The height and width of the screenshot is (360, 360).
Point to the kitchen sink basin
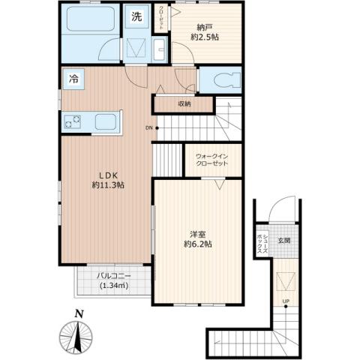pyautogui.click(x=104, y=120)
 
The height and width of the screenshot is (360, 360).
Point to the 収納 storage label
pyautogui.click(x=184, y=104)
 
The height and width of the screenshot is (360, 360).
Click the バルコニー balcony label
pyautogui.click(x=112, y=280)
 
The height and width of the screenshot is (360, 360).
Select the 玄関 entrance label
pyautogui.click(x=284, y=241)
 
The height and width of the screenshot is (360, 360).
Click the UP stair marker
pyautogui.click(x=285, y=302)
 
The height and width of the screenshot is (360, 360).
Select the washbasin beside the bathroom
pyautogui.click(x=160, y=51)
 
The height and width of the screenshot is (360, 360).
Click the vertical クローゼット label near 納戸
pyautogui.click(x=162, y=19)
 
